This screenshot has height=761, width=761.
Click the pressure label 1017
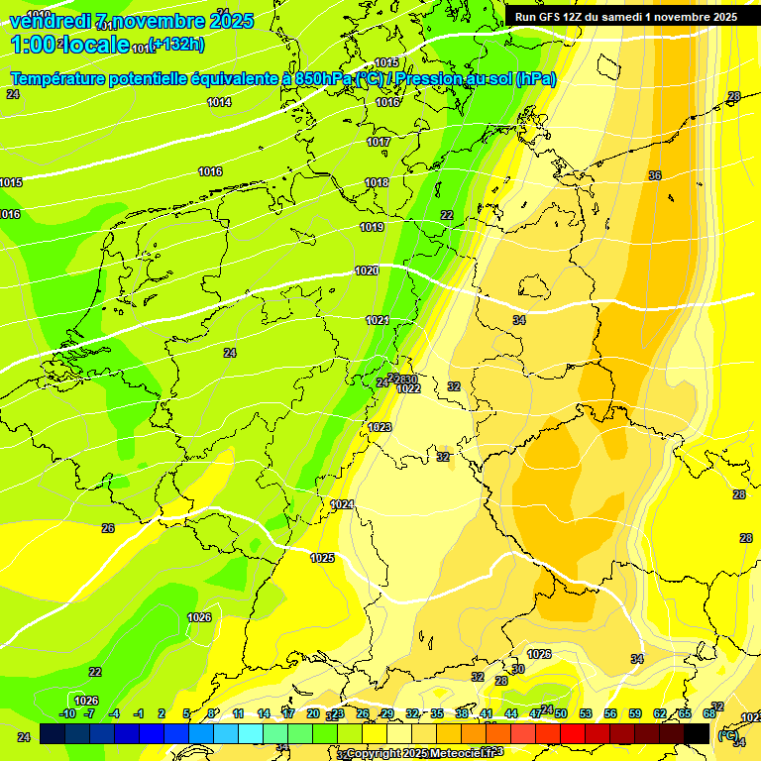pyautogui.click(x=379, y=142)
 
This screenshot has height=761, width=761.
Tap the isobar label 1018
pyautogui.click(x=377, y=182)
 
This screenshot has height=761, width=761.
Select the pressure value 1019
pyautogui.click(x=372, y=227)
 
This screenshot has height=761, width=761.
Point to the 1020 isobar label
pyautogui.click(x=367, y=271)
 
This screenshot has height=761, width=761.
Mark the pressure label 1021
pyautogui.click(x=378, y=320)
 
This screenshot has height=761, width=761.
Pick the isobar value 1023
pyautogui.click(x=380, y=427)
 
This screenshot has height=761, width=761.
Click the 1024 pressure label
pyautogui.click(x=343, y=504)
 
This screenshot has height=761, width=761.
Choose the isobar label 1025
pyautogui.click(x=322, y=558)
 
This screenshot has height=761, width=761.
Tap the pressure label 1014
pyautogui.click(x=219, y=102)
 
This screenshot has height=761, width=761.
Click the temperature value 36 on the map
pyautogui.click(x=655, y=175)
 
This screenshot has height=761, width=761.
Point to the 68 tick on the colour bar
pyautogui.click(x=709, y=713)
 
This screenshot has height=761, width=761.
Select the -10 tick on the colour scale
pyautogui.click(x=67, y=713)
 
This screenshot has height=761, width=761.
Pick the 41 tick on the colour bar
pyautogui.click(x=487, y=713)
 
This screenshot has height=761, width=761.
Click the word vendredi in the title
pyautogui.click(x=50, y=21)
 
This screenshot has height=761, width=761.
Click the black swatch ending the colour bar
pyautogui.click(x=697, y=733)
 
